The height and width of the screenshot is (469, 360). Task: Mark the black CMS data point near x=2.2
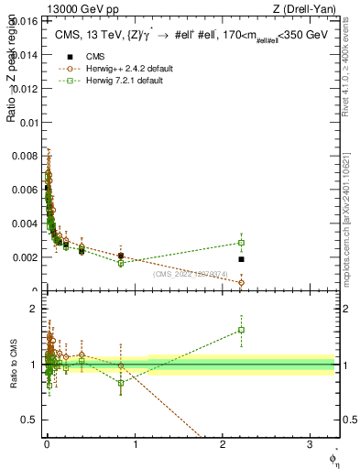click(x=241, y=259)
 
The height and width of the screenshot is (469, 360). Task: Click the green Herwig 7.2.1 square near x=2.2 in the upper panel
click(x=241, y=243)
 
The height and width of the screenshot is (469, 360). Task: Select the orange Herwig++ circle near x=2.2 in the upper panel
click(x=241, y=282)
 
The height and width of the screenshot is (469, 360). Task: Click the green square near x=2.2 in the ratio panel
click(x=241, y=330)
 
